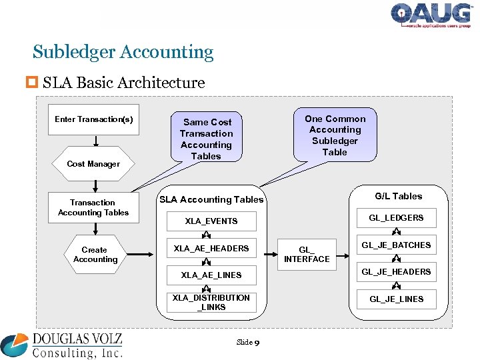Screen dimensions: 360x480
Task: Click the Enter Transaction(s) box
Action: [93, 120]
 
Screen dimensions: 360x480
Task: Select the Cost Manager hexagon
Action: [93, 163]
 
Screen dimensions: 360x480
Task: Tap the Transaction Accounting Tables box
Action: [93, 207]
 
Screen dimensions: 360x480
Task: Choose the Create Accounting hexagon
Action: [95, 255]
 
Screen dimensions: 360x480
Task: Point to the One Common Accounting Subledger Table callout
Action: [335, 135]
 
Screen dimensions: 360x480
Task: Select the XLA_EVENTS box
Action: [211, 221]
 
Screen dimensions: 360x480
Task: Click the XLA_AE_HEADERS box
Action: [211, 249]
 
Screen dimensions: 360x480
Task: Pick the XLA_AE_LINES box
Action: [211, 275]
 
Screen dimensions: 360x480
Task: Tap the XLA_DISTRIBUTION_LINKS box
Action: [211, 302]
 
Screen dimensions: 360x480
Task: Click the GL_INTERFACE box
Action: [307, 254]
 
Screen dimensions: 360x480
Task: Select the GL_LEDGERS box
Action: [396, 218]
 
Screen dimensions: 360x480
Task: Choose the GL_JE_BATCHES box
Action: [396, 245]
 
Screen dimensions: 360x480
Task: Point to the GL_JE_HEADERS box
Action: [396, 272]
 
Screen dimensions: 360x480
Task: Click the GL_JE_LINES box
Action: [396, 299]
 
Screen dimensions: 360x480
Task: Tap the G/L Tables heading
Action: [399, 196]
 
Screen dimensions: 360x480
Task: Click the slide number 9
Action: [257, 343]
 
